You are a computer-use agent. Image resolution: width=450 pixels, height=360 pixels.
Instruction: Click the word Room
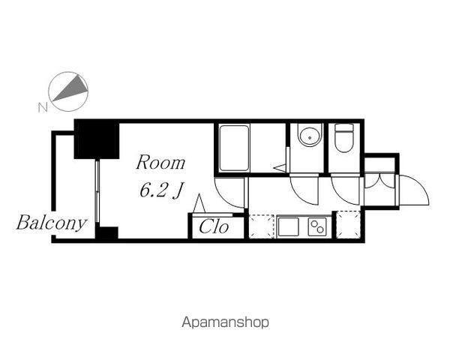click(x=160, y=163)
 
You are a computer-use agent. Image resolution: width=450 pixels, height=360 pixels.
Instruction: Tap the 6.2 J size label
click(x=161, y=190)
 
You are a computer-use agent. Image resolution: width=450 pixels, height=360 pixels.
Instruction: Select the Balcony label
click(x=51, y=223)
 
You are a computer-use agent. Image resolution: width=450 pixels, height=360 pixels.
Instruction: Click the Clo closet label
click(x=214, y=226)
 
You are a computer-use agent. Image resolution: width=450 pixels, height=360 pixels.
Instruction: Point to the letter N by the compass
click(x=43, y=107)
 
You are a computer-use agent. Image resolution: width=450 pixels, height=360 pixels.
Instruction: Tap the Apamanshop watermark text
click(x=225, y=322)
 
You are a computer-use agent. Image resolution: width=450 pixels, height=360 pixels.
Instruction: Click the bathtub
click(x=234, y=148)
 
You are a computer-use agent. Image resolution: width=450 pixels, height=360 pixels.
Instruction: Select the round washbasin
click(x=309, y=137)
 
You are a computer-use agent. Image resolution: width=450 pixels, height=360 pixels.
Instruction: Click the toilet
click(x=343, y=138)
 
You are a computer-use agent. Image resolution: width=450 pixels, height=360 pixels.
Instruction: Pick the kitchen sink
click(x=289, y=226)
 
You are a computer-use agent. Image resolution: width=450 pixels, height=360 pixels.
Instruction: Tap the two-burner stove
click(x=317, y=226)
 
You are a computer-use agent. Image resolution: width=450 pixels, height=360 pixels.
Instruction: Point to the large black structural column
click(x=97, y=139)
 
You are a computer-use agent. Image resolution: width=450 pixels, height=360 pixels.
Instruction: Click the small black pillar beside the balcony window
click(x=106, y=232)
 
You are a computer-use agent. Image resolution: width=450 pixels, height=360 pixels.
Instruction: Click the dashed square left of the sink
click(x=262, y=226)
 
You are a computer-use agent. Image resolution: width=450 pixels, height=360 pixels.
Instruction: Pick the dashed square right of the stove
click(x=348, y=225)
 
